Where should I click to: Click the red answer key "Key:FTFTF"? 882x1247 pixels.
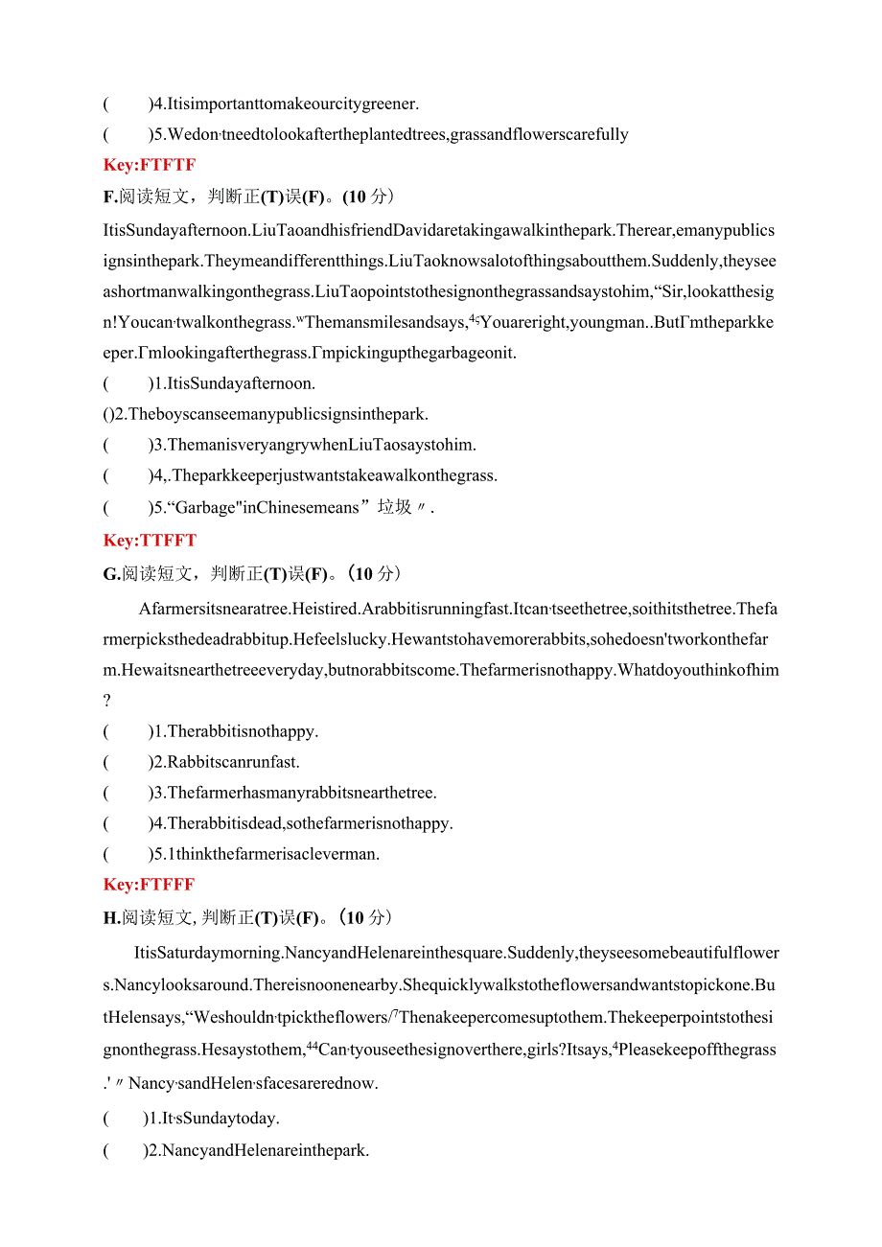tap(149, 165)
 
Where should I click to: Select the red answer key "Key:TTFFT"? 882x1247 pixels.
tap(150, 540)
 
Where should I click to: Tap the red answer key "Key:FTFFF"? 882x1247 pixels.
tap(149, 884)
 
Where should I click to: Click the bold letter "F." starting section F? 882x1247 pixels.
tap(109, 196)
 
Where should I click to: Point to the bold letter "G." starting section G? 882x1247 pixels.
tap(110, 573)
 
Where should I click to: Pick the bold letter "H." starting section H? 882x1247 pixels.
tap(110, 917)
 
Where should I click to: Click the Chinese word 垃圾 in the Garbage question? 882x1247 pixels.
tap(395, 507)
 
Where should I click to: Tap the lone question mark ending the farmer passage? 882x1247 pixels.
tap(107, 701)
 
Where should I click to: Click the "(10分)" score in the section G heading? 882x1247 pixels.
tap(372, 573)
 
